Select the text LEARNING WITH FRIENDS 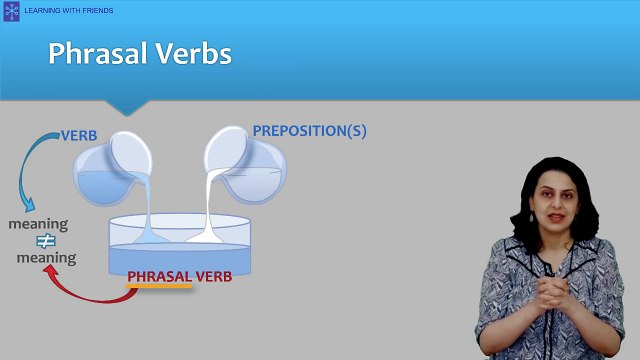[76, 10]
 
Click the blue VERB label [79, 135]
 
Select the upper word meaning [38, 224]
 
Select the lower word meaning [46, 258]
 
